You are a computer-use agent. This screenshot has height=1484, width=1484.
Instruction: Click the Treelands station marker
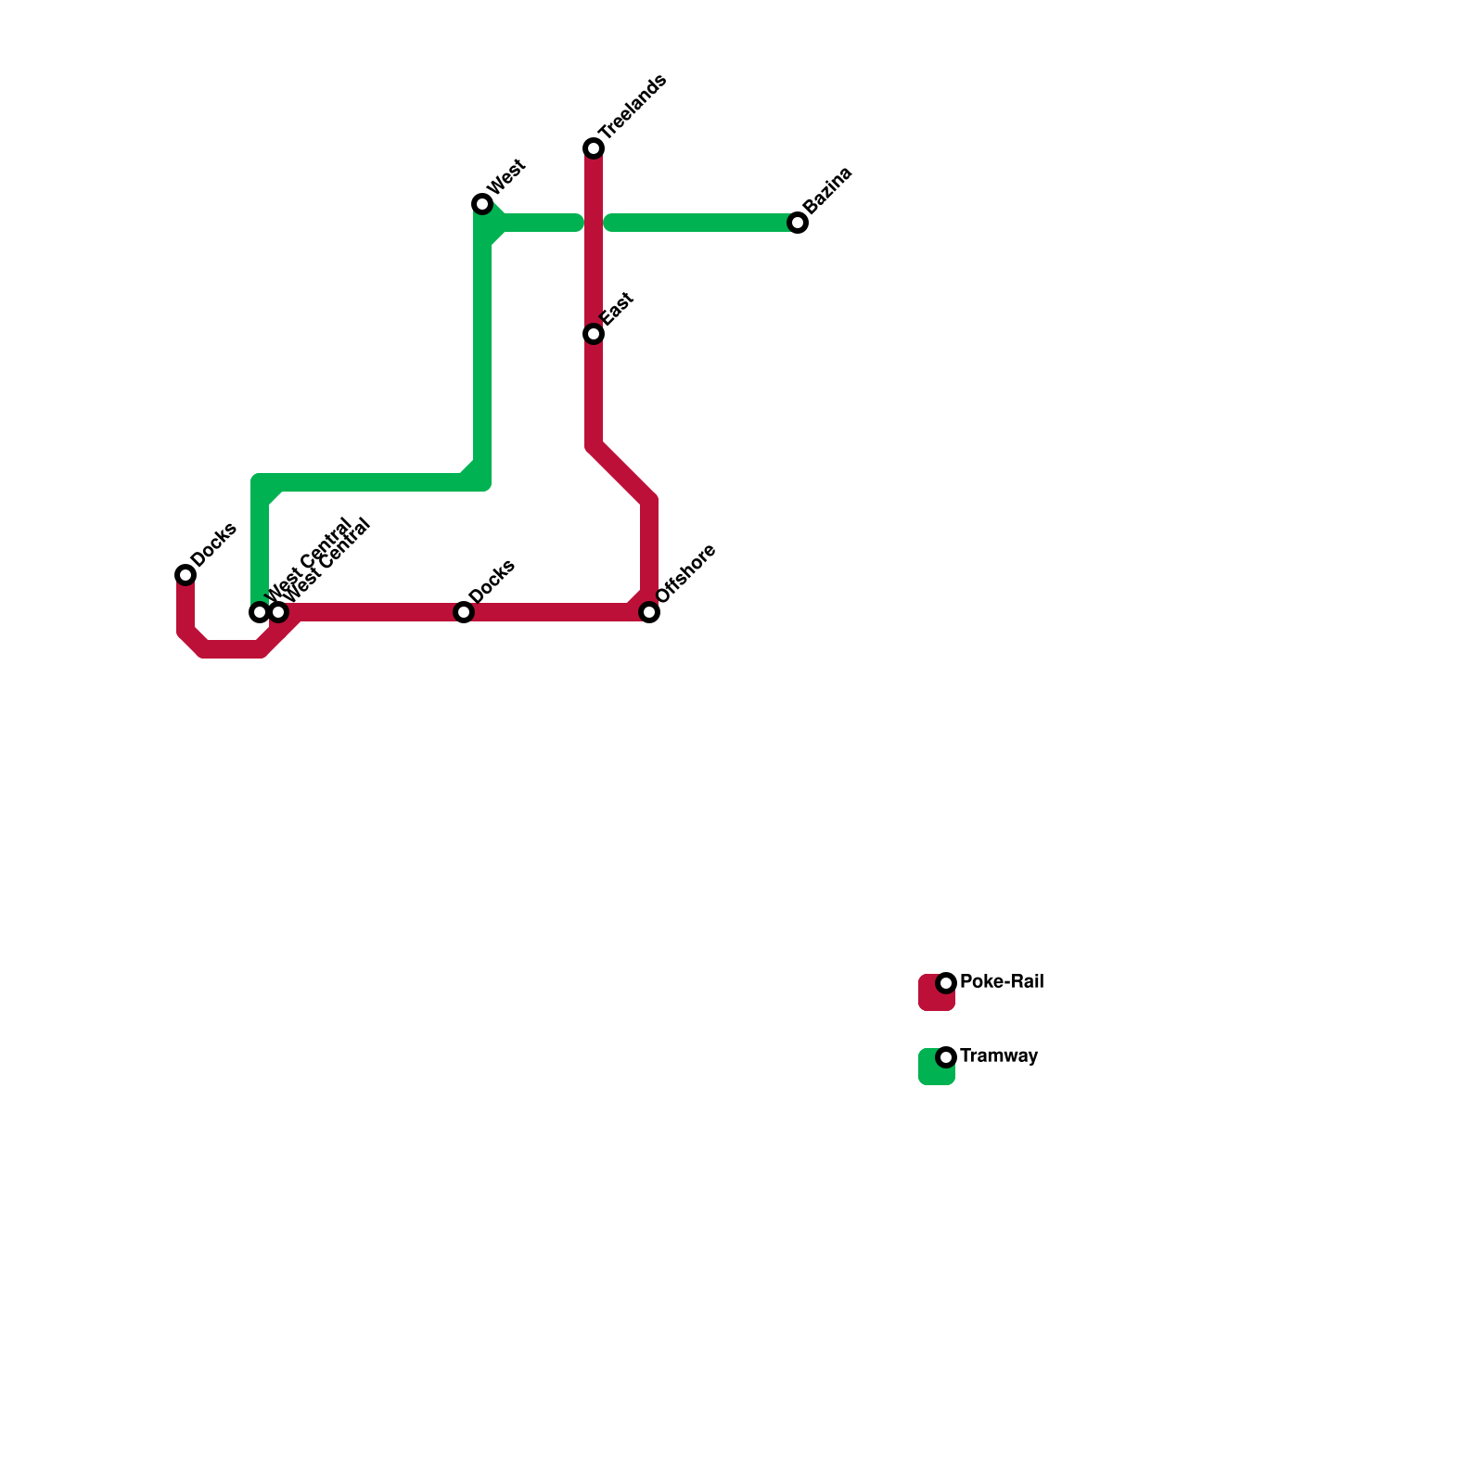pos(594,148)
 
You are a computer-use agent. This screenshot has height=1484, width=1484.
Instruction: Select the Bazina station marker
pos(798,223)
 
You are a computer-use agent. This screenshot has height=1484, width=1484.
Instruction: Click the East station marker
pos(594,334)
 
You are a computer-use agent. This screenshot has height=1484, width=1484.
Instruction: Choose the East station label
pos(617,310)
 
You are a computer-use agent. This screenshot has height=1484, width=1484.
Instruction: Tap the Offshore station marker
pos(649,612)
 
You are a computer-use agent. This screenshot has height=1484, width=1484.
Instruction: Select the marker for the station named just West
pos(481,204)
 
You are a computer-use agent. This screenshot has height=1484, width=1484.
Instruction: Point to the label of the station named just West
pos(506,178)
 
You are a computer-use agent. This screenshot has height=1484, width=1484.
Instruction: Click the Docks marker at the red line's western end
pos(185,575)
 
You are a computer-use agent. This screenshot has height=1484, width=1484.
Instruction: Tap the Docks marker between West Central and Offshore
pos(464,612)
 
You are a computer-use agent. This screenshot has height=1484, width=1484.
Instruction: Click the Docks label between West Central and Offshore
pos(492,582)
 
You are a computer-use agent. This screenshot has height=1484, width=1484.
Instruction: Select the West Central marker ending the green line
pos(260,612)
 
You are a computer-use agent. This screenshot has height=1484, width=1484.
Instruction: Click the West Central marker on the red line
pos(279,612)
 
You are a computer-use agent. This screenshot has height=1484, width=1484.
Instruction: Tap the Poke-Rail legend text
pos(1002,981)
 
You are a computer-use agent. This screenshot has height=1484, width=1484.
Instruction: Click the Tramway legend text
pos(999,1055)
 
